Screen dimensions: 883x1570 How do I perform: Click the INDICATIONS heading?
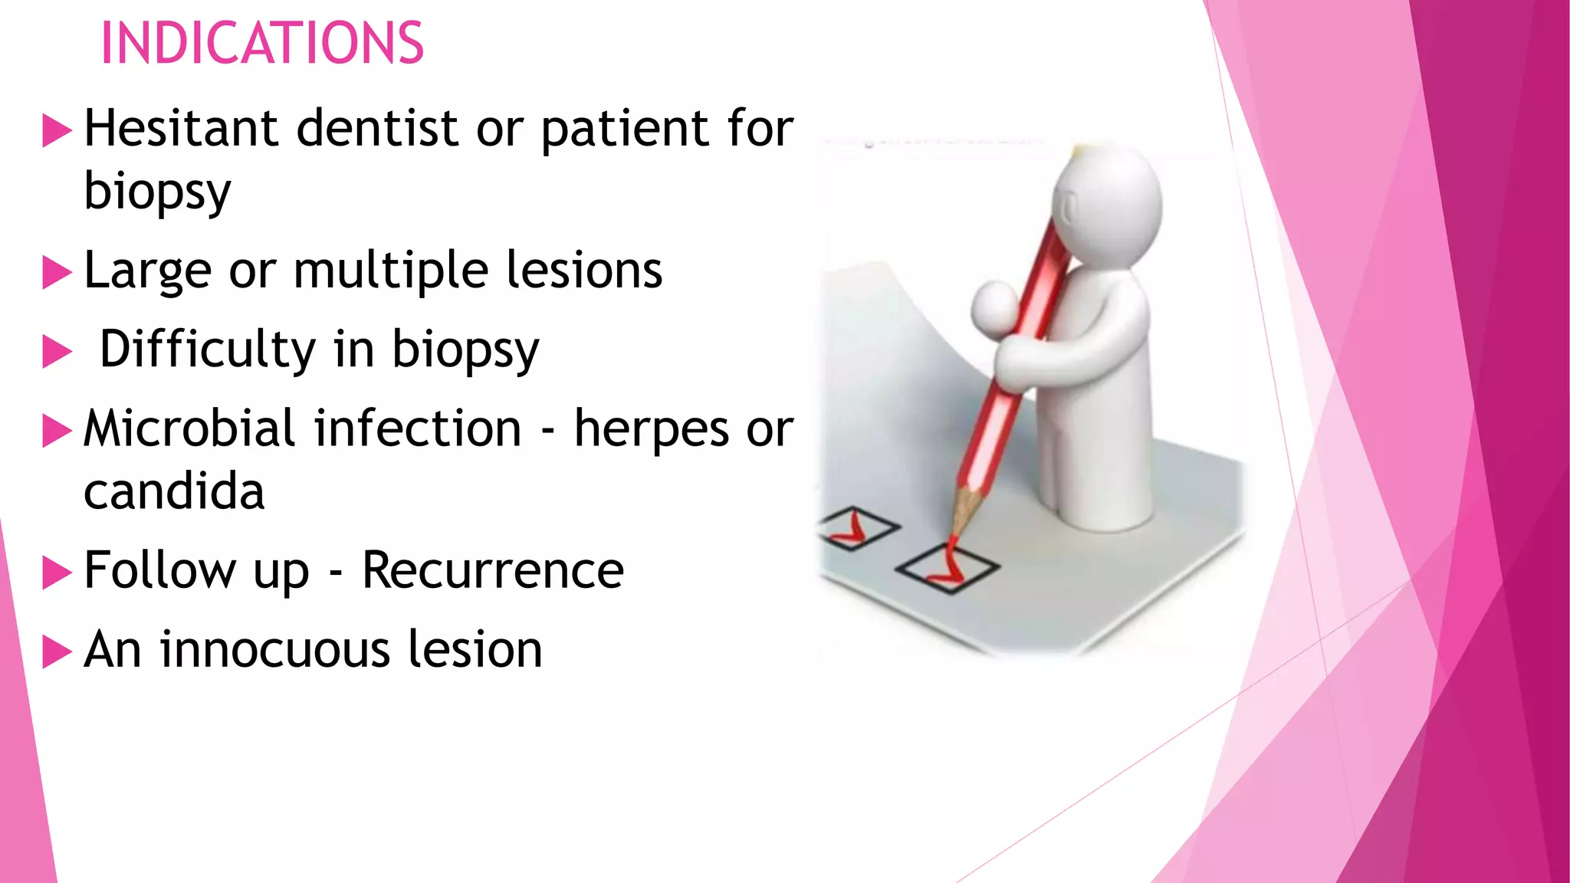tap(261, 43)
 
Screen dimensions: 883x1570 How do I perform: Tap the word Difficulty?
tap(207, 349)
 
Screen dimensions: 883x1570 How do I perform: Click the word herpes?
tap(651, 429)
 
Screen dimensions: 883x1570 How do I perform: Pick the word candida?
tap(174, 491)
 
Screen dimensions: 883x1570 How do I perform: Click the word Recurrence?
tap(492, 570)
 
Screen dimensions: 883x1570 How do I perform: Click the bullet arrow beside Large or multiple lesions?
tap(57, 273)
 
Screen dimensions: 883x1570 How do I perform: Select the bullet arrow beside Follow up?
tap(57, 573)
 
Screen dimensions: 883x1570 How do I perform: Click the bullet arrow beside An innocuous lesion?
tap(57, 652)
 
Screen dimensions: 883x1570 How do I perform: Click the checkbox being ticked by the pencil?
tap(947, 569)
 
